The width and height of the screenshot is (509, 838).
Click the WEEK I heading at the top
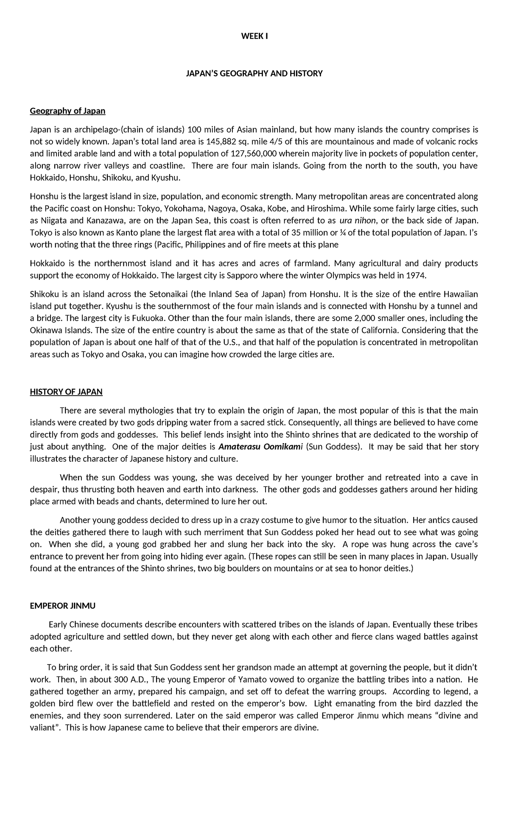click(x=255, y=36)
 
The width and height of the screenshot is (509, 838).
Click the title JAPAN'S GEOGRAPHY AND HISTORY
click(x=255, y=73)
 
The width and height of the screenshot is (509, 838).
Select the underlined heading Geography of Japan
click(x=67, y=111)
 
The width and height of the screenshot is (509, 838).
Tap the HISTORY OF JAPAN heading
click(x=66, y=391)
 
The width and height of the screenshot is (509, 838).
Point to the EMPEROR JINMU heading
click(x=62, y=606)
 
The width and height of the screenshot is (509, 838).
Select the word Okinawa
click(x=46, y=330)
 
